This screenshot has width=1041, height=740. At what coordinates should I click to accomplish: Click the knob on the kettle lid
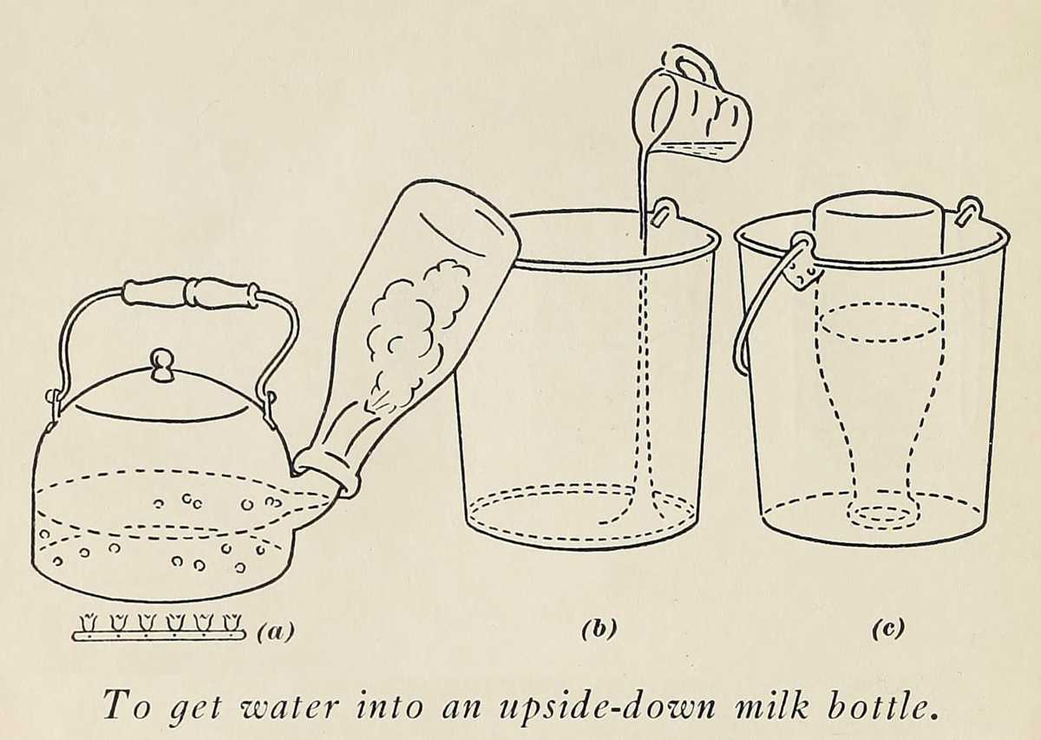(x=161, y=365)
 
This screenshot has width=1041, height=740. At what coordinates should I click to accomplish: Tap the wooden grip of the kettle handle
(x=191, y=292)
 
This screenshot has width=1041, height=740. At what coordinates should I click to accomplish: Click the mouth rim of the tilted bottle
(x=328, y=476)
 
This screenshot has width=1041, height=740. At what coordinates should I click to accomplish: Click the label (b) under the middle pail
(x=599, y=628)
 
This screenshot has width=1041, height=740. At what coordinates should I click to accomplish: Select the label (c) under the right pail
(x=888, y=628)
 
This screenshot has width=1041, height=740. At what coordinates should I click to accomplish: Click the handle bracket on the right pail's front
(x=802, y=265)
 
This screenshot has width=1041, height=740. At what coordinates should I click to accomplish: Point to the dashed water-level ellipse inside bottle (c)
(x=881, y=323)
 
